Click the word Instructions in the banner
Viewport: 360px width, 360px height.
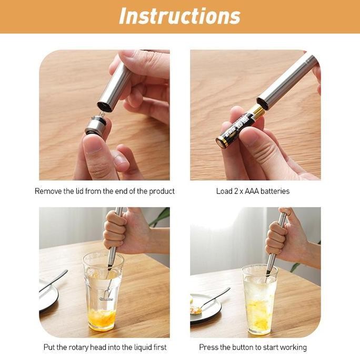coord(179,16)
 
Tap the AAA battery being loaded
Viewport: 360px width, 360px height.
coord(237,128)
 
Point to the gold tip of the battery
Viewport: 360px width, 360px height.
coord(256,111)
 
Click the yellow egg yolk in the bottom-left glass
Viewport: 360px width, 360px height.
coord(102,317)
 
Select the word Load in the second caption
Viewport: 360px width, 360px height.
coord(224,191)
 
